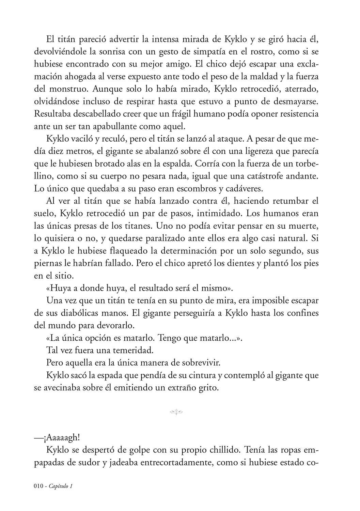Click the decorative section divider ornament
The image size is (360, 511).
(176, 413)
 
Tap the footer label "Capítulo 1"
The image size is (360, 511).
(62, 486)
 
